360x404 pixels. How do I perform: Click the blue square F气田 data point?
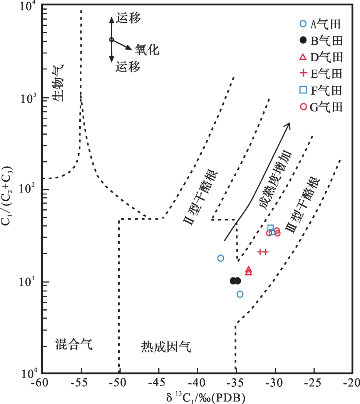point(271,228)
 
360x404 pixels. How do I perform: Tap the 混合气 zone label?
point(74,344)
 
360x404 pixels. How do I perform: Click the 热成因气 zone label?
point(166,347)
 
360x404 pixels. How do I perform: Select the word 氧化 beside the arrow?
point(147,49)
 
